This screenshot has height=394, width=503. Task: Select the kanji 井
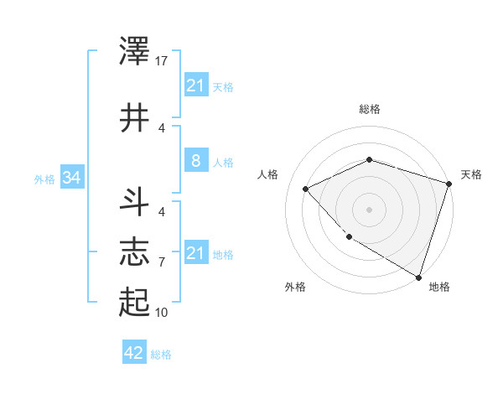click(x=135, y=118)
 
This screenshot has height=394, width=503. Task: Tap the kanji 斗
click(x=135, y=205)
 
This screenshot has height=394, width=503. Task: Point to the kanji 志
click(x=135, y=252)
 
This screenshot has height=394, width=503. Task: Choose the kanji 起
click(x=135, y=301)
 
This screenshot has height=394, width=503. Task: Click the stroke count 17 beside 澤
click(x=163, y=61)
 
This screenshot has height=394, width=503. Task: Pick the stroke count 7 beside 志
click(x=162, y=262)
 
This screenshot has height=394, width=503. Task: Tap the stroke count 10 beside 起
click(x=163, y=313)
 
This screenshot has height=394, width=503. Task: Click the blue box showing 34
click(x=71, y=178)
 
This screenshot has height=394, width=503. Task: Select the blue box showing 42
click(x=133, y=353)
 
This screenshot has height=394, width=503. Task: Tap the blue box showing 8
click(x=195, y=161)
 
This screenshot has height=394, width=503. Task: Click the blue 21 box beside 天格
click(x=195, y=86)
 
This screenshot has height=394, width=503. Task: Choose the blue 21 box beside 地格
click(x=195, y=253)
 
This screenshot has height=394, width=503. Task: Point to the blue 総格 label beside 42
click(x=161, y=355)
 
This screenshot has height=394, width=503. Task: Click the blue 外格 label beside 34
click(x=44, y=179)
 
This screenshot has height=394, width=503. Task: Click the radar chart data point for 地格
click(x=418, y=277)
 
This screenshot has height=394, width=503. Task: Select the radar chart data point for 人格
click(x=306, y=189)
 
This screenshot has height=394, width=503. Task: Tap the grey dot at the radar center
click(x=369, y=209)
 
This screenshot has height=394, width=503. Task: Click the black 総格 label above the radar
click(x=369, y=109)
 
